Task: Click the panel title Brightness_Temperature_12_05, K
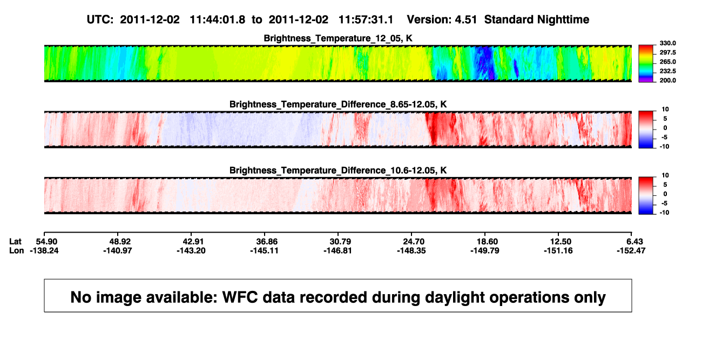click(x=338, y=38)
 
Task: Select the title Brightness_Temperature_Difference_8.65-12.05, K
click(x=338, y=104)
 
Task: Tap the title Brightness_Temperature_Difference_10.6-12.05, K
click(x=338, y=171)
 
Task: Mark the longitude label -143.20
click(x=191, y=250)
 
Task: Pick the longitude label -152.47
click(x=631, y=250)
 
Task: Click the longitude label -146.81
click(x=338, y=250)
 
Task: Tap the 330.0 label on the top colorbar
click(x=667, y=43)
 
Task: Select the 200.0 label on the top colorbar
click(x=667, y=80)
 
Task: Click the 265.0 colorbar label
click(x=667, y=62)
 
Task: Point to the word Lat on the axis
click(x=15, y=242)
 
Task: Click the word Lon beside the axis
click(x=17, y=250)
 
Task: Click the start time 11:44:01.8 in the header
click(x=218, y=20)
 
